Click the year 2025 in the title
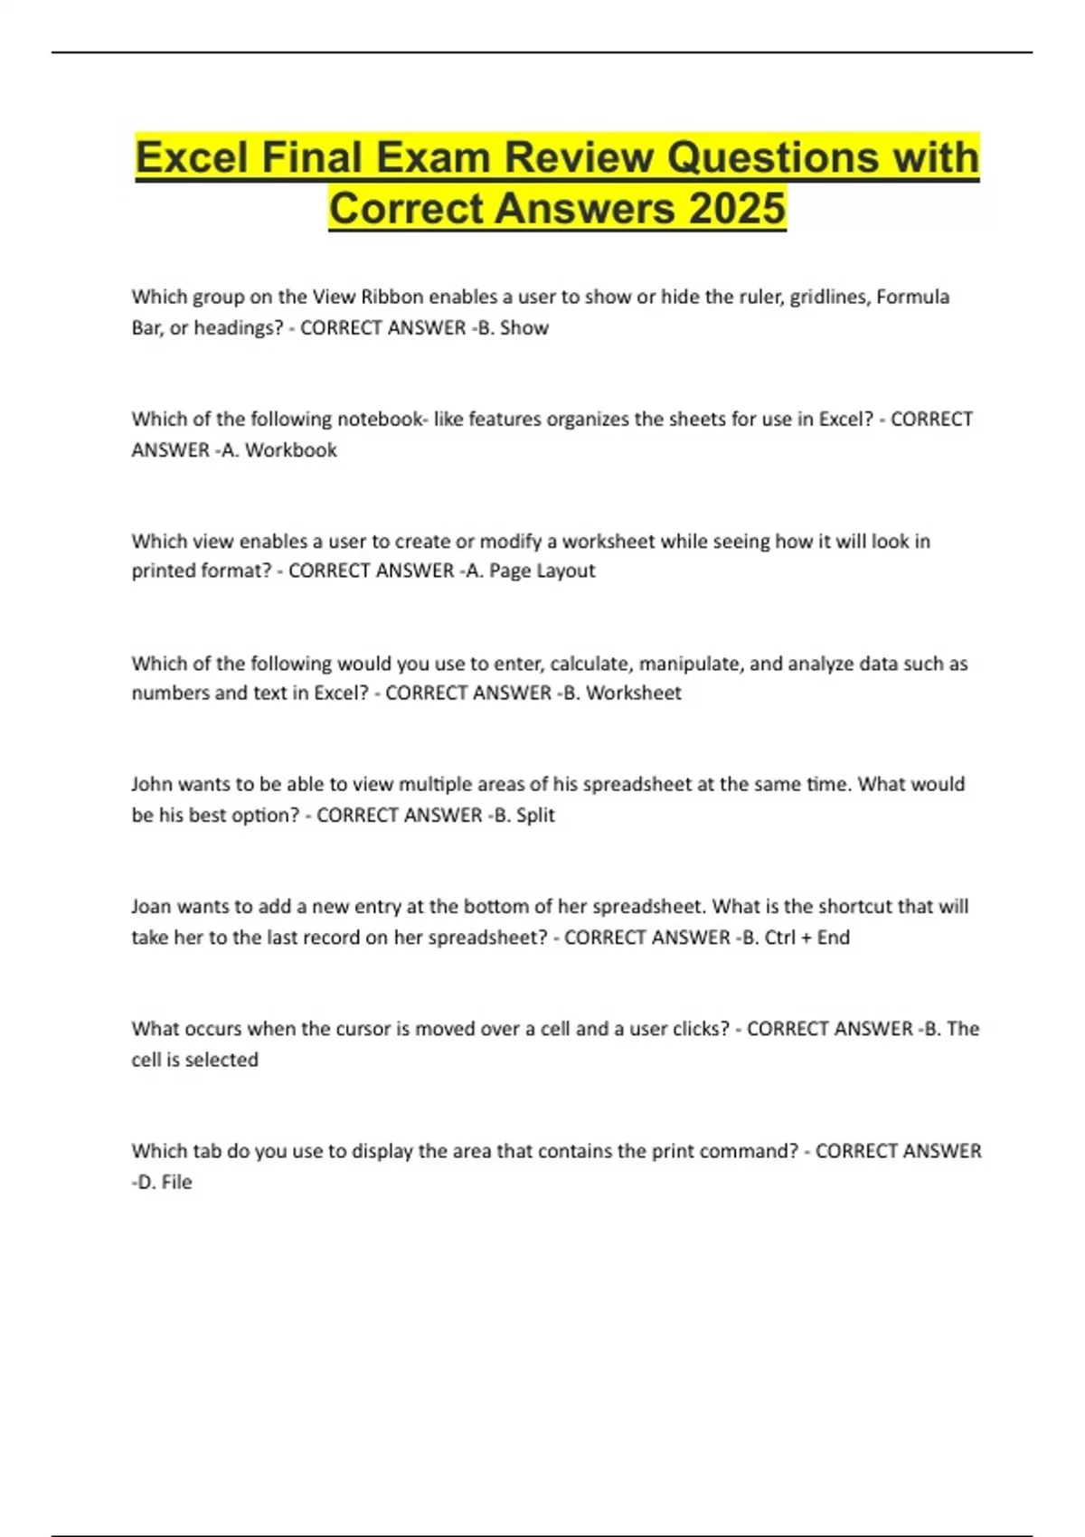(737, 208)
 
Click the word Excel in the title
(191, 157)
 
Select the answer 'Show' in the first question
(524, 328)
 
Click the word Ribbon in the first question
(392, 297)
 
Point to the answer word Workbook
(291, 450)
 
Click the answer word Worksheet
(634, 693)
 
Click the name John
(152, 784)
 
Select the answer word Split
(535, 816)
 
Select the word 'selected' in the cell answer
(222, 1060)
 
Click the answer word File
(176, 1183)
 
